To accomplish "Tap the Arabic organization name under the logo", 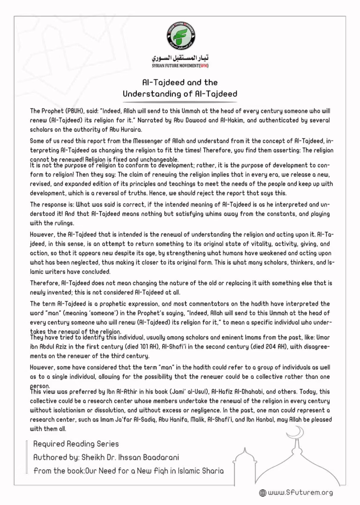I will click(x=180, y=58).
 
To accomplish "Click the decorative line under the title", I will click(x=180, y=102).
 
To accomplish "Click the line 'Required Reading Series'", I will click(x=76, y=444).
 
